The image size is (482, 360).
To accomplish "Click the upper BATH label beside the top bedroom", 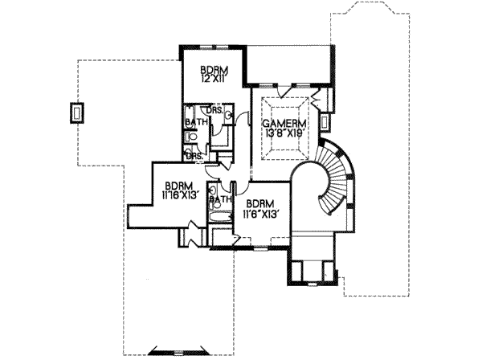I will click(x=195, y=122).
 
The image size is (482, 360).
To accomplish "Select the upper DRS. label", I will click(x=214, y=109).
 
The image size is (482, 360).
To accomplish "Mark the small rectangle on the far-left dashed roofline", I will click(x=76, y=113).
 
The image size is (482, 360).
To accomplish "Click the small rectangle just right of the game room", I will click(x=324, y=122).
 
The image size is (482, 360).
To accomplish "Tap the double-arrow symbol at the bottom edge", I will click(x=171, y=350).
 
